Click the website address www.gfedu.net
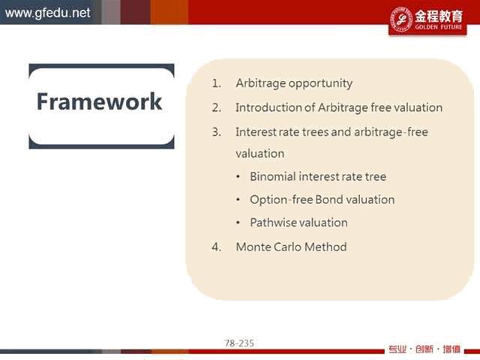[48, 13]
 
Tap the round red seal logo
[401, 19]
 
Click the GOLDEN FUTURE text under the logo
[438, 27]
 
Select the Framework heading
[99, 102]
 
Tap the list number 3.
[217, 132]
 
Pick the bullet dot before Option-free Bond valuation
[238, 200]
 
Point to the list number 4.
[217, 247]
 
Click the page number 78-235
[239, 343]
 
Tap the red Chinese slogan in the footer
[424, 349]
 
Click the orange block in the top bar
[169, 12]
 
